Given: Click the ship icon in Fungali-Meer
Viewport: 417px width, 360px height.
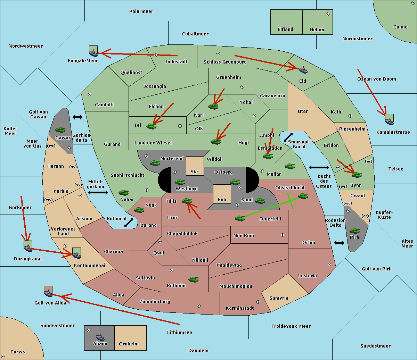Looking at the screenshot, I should click(x=93, y=52).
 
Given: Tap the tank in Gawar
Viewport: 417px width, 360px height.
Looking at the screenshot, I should click(x=60, y=130).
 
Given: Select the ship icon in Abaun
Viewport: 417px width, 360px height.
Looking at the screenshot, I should click(x=100, y=337).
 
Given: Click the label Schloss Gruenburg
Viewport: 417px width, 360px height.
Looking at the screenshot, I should click(x=225, y=62).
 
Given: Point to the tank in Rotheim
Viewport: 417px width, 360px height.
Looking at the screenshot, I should click(x=193, y=279).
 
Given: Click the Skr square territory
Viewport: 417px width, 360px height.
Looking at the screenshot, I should click(x=195, y=166).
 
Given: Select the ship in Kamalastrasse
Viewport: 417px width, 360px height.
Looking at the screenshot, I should click(x=389, y=120).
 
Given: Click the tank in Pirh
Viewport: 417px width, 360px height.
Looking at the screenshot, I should click(x=354, y=231).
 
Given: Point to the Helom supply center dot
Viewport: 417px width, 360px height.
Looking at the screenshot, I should click(x=327, y=14).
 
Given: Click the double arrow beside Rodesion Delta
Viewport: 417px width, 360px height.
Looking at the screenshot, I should click(x=339, y=243).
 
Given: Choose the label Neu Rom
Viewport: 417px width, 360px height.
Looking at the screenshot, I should click(x=244, y=235).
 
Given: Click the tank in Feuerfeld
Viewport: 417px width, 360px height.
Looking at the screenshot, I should click(x=240, y=218).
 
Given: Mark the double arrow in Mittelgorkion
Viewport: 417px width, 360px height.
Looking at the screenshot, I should click(x=98, y=192).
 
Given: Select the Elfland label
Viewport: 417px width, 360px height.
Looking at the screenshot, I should click(x=285, y=30).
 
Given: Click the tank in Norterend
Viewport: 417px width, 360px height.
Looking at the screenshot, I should click(x=155, y=163).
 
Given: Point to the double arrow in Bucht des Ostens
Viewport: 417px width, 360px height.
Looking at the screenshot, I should click(x=319, y=168).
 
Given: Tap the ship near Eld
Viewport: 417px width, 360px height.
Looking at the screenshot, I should click(x=303, y=69).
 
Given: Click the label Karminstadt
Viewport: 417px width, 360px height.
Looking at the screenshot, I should click(x=240, y=308).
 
